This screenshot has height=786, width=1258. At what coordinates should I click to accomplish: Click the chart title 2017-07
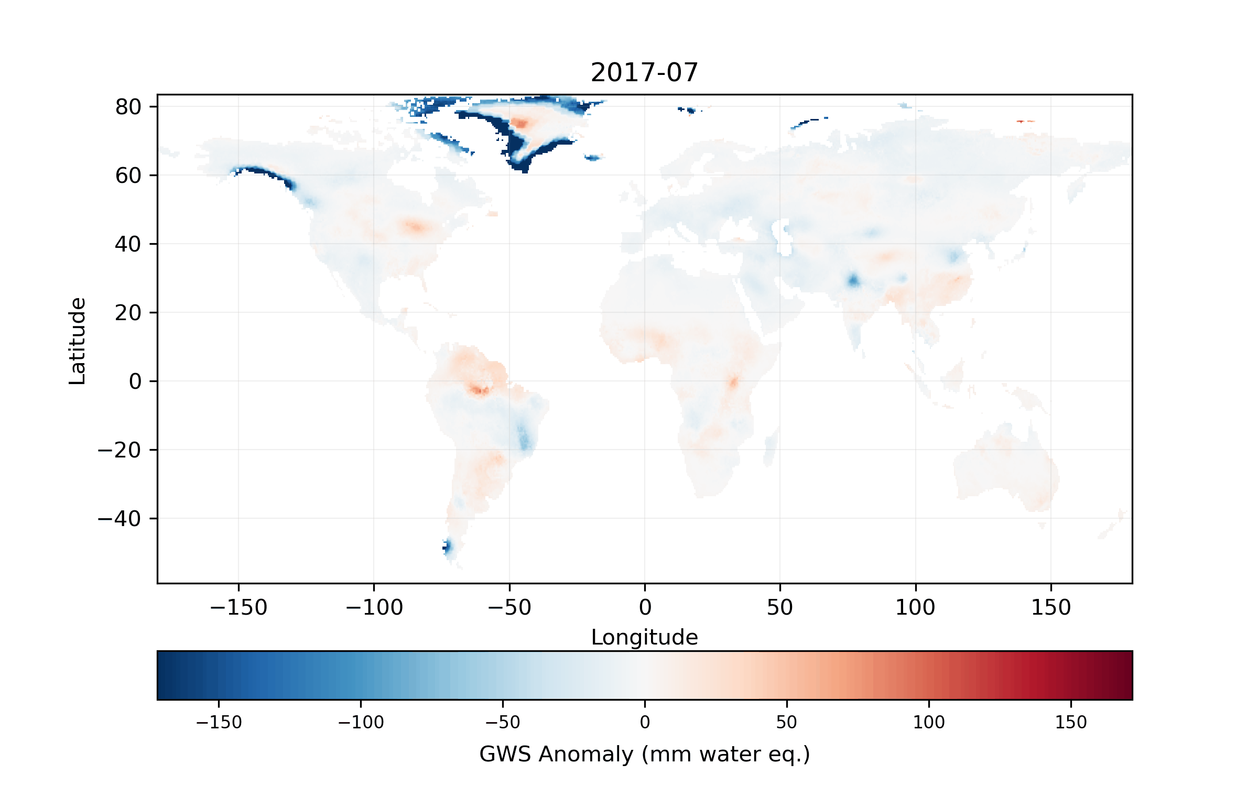click(x=644, y=72)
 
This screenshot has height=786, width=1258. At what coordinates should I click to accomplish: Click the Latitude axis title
click(x=78, y=341)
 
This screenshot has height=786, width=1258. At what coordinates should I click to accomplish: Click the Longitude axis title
click(x=644, y=637)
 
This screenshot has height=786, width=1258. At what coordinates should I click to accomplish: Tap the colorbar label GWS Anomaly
click(x=644, y=754)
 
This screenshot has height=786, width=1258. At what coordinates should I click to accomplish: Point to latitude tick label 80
click(x=128, y=107)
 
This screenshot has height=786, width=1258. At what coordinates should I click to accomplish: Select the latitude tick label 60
click(x=128, y=176)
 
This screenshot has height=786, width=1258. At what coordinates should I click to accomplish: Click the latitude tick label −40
click(x=119, y=519)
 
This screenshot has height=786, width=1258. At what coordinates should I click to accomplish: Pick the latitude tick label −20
click(x=119, y=450)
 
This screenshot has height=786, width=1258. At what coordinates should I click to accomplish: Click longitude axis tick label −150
click(x=238, y=607)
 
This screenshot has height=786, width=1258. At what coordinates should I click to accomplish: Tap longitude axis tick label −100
click(x=374, y=607)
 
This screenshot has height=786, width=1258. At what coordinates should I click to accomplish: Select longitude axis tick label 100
click(x=915, y=607)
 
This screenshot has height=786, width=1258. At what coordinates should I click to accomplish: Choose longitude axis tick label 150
click(x=1050, y=607)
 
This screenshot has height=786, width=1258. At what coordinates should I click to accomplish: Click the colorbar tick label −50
click(x=502, y=722)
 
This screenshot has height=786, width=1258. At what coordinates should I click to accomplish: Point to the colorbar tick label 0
click(x=645, y=722)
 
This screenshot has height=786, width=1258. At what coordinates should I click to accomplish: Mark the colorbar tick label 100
click(x=929, y=722)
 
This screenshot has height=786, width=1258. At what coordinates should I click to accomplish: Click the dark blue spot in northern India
click(x=853, y=280)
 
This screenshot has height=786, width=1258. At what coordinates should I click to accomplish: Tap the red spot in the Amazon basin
click(x=479, y=389)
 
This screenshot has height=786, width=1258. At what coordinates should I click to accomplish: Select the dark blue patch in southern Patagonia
click(x=447, y=547)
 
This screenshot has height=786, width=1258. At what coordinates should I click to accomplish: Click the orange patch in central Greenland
click(x=520, y=123)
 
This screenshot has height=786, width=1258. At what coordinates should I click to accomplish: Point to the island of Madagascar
click(x=771, y=445)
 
